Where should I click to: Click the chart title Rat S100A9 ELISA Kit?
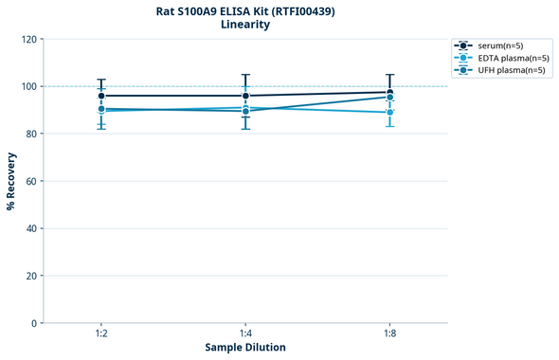pyautogui.click(x=245, y=11)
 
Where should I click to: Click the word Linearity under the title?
pyautogui.click(x=245, y=26)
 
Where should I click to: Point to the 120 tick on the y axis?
pyautogui.click(x=28, y=40)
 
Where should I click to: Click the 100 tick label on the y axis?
pyautogui.click(x=28, y=86)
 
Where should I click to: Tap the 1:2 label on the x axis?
pyautogui.click(x=101, y=334)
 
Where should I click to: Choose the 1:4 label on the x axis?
pyautogui.click(x=245, y=334)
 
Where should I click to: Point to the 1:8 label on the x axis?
pyautogui.click(x=389, y=334)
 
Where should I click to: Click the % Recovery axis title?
pyautogui.click(x=11, y=181)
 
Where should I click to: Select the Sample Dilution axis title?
pyautogui.click(x=245, y=348)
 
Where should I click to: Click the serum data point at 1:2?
pyautogui.click(x=101, y=96)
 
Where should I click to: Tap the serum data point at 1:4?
pyautogui.click(x=245, y=96)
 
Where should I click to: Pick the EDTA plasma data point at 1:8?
pyautogui.click(x=389, y=112)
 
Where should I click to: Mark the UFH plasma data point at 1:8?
pyautogui.click(x=389, y=98)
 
